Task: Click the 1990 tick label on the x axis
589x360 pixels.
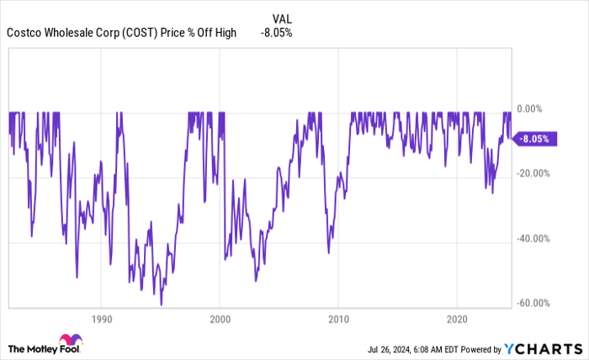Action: [100, 320]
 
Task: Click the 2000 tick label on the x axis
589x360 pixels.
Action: [219, 320]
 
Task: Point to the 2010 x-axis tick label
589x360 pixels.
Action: [337, 320]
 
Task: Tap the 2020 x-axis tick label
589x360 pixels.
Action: [456, 320]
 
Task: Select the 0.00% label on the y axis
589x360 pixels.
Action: [532, 109]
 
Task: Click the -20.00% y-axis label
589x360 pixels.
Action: [535, 173]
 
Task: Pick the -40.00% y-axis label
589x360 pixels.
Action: [535, 238]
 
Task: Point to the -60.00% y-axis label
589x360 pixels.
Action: [535, 303]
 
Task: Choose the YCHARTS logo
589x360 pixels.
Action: [540, 348]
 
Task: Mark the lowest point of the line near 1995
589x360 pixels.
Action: [161, 304]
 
